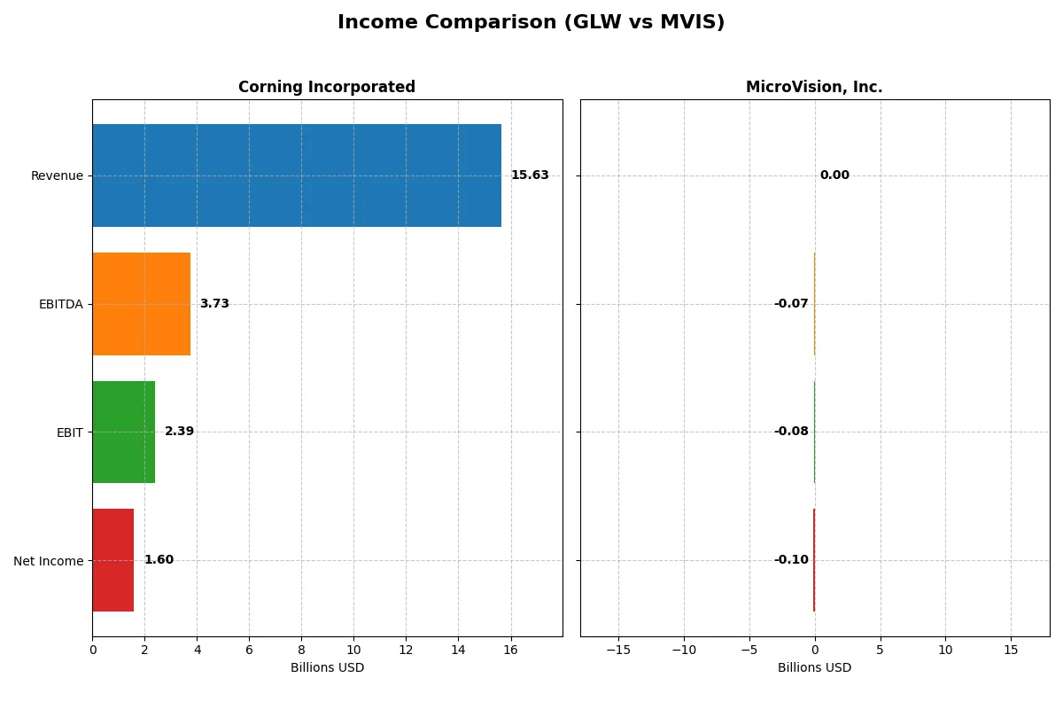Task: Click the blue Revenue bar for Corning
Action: click(297, 175)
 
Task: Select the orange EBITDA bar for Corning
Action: click(142, 304)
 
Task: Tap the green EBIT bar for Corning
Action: click(124, 432)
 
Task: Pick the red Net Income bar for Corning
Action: click(113, 560)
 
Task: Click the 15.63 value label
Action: click(530, 175)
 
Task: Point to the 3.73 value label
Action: click(214, 304)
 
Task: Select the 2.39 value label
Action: click(179, 432)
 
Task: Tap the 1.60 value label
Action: click(159, 560)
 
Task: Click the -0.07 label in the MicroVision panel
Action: click(791, 304)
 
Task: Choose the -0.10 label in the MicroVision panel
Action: click(791, 560)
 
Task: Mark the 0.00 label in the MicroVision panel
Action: click(834, 175)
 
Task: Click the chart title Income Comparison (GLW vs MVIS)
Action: click(531, 23)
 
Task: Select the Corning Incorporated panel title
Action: click(327, 87)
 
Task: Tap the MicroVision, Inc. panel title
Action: click(814, 87)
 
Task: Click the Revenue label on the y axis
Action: click(57, 175)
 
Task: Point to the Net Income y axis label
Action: click(49, 561)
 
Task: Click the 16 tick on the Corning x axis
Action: click(510, 650)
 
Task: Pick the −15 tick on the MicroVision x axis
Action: click(618, 650)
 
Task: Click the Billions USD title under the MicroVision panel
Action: click(814, 667)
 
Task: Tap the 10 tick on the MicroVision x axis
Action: click(945, 650)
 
